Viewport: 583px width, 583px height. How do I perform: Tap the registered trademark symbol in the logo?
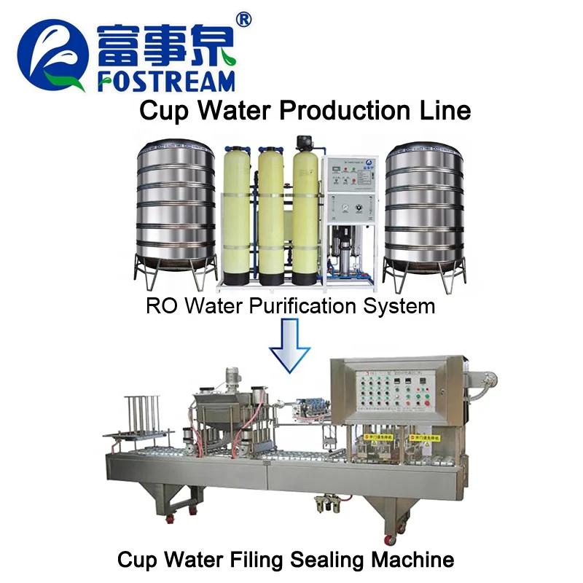[244, 20]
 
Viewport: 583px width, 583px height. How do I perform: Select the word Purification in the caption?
[291, 305]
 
